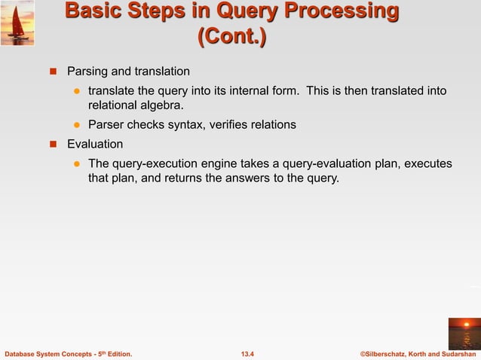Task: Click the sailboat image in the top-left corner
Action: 17,23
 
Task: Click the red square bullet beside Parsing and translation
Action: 54,72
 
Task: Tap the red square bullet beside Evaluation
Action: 54,144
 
